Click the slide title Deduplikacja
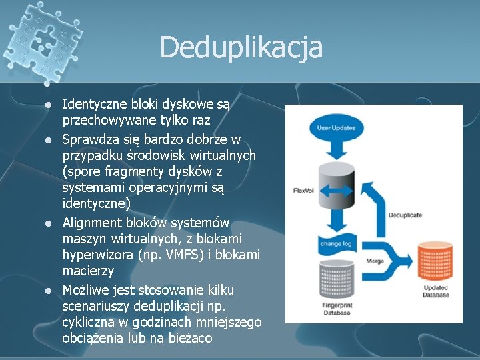pyautogui.click(x=241, y=47)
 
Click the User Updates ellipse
pyautogui.click(x=337, y=127)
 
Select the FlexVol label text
pyautogui.click(x=303, y=191)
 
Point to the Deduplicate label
pyautogui.click(x=405, y=215)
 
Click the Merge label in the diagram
pyautogui.click(x=375, y=261)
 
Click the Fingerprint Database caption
pyautogui.click(x=336, y=309)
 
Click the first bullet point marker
pyautogui.click(x=48, y=105)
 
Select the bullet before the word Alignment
pyautogui.click(x=48, y=223)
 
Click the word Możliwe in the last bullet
pyautogui.click(x=87, y=289)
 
